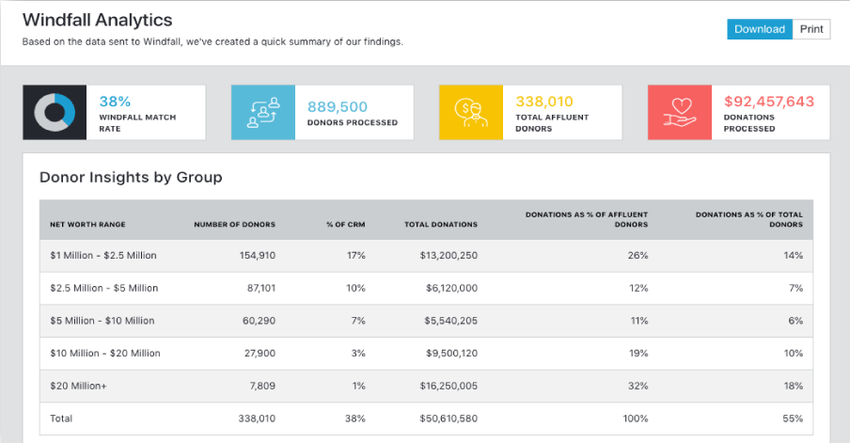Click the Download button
pos(759,29)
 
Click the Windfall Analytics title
pos(98,20)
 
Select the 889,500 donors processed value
pos(338,106)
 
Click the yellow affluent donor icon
pos(472,113)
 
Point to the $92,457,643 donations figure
pos(769,102)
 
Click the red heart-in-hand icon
pos(681,113)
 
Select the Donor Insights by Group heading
pos(131,177)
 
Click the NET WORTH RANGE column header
pos(87,225)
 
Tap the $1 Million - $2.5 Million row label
pos(103,256)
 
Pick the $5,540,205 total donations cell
pos(445,321)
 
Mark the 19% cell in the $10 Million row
pos(638,354)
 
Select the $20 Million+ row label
pos(80,386)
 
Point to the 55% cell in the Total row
pos(793,419)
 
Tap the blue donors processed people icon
pos(264,113)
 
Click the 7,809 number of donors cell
pos(260,386)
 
